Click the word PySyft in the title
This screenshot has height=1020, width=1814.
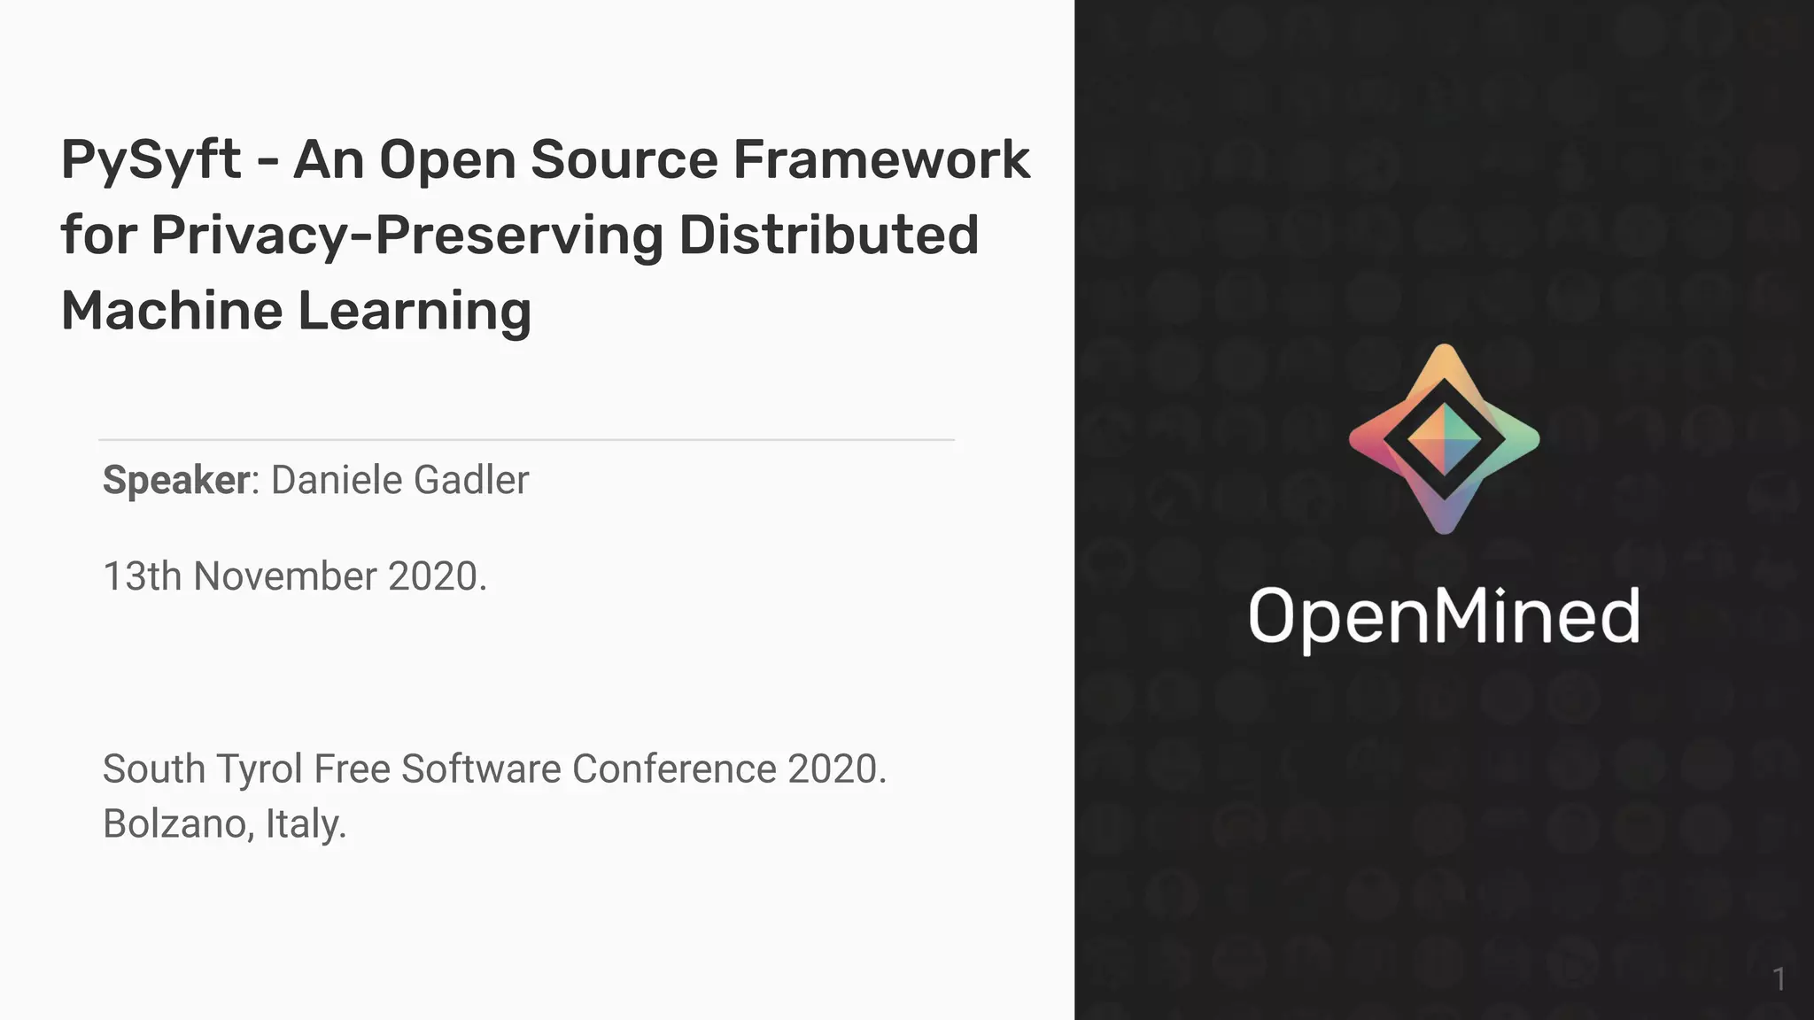coord(151,161)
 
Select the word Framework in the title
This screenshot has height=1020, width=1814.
coord(881,159)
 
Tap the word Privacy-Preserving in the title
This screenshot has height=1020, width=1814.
coord(407,236)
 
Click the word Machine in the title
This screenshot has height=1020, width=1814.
coord(172,311)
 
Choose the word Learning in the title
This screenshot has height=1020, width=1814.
coord(414,313)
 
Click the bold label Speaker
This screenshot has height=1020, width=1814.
coord(176,480)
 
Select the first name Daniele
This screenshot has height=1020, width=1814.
coord(337,480)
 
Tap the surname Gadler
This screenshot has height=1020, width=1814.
coord(471,480)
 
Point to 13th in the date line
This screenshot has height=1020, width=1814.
coord(143,576)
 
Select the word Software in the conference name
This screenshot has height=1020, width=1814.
coord(481,769)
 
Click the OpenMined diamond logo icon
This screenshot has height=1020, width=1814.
coord(1444,439)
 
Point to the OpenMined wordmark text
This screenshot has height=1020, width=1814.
coord(1444,616)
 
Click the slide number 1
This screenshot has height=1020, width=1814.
coord(1779,979)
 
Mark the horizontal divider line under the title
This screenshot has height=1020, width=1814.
coord(526,439)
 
